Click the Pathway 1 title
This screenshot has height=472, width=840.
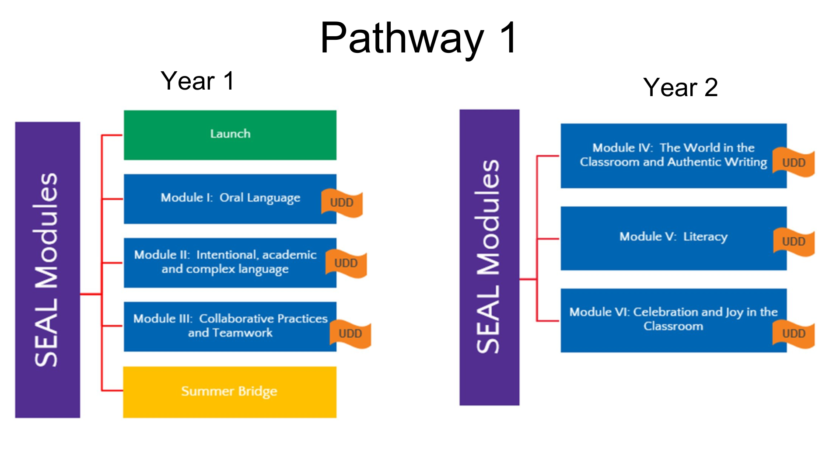point(419,38)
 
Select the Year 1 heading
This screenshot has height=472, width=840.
point(198,81)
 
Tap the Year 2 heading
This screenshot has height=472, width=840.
point(680,87)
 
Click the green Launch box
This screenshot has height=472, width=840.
point(230,135)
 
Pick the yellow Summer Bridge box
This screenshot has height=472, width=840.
point(230,392)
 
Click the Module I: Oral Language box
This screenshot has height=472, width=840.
point(230,199)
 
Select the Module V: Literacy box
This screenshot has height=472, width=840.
point(674,238)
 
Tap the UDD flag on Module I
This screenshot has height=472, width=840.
point(342,203)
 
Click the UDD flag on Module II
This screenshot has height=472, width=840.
point(346,263)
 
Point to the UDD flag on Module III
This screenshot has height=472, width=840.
point(350,334)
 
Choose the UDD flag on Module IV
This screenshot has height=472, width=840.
point(794,163)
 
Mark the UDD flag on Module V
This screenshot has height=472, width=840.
point(794,242)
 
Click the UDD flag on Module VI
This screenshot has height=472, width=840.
point(794,334)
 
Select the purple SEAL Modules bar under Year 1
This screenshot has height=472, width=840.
point(48,270)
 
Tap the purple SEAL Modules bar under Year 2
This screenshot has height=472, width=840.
point(490,257)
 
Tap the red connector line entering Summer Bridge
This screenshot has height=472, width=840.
point(112,390)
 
